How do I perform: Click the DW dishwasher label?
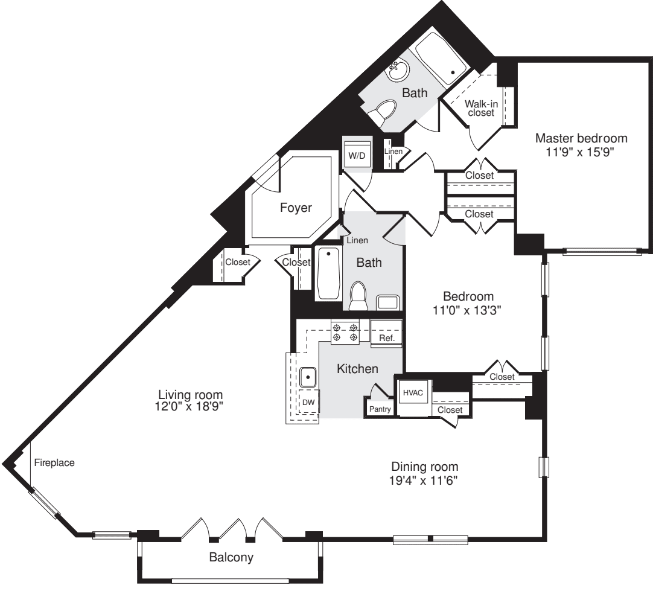coord(308,401)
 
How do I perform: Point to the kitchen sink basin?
coord(308,377)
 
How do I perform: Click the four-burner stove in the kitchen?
coord(345,333)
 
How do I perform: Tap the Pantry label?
coord(380,409)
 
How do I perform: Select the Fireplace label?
coord(54,463)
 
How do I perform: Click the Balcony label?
coord(231,557)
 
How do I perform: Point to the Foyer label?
coord(296,208)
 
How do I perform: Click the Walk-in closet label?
coord(481,108)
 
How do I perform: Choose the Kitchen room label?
coord(357,368)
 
